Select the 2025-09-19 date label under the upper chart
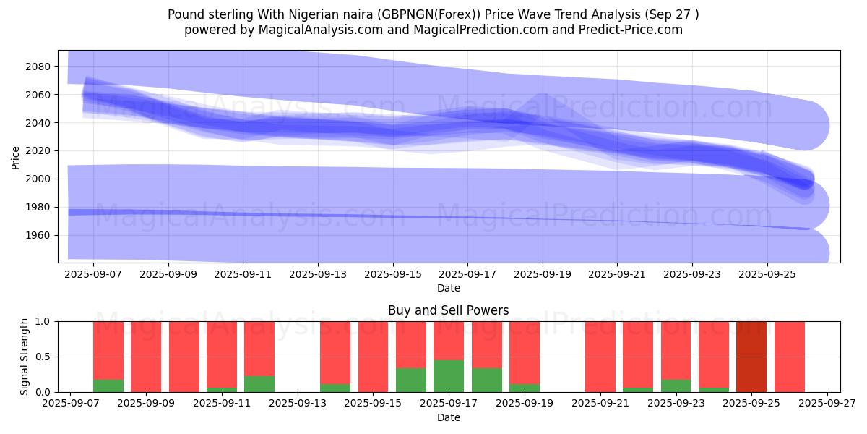pos(543,275)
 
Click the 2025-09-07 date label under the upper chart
pos(93,275)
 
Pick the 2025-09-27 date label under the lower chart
pos(827,404)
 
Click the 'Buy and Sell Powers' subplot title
pos(448,310)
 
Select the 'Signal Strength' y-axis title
pos(25,357)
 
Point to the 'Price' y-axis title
pos(16,156)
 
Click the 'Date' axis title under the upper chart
pos(448,288)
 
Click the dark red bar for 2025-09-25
pos(751,357)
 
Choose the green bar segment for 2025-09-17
pos(449,376)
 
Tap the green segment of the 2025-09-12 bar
pos(259,384)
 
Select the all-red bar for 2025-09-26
pos(789,357)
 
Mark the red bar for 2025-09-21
pos(600,357)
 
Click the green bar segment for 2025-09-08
pos(108,386)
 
